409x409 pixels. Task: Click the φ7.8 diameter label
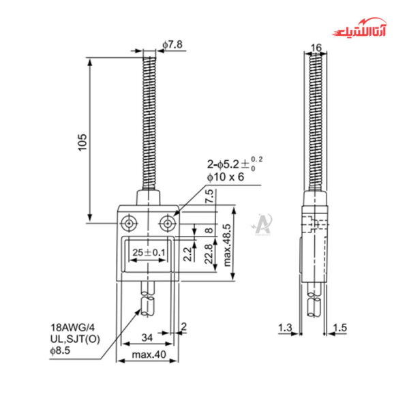pyautogui.click(x=172, y=45)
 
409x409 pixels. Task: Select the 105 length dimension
pyautogui.click(x=80, y=140)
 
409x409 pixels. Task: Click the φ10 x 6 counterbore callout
pyautogui.click(x=226, y=177)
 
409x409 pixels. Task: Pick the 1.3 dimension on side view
pyautogui.click(x=286, y=329)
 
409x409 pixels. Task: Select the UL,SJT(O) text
pyautogui.click(x=74, y=339)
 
